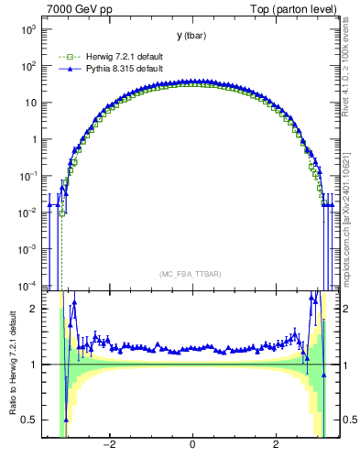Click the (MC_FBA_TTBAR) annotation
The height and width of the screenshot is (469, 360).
pos(191,274)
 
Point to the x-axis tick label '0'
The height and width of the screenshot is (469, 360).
pos(192,445)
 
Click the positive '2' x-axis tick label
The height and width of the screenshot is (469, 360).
pos(276,445)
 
